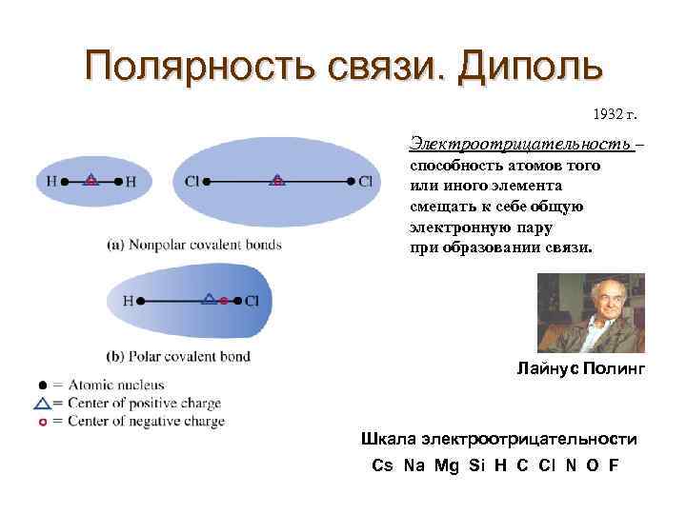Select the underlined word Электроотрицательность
tap(520, 144)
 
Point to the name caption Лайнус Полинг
tap(580, 366)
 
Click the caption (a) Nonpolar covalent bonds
tap(194, 245)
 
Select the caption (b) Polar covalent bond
tap(178, 357)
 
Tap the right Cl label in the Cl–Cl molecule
tap(366, 180)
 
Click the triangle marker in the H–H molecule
tap(91, 179)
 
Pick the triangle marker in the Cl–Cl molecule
tap(276, 179)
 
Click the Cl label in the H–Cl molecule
tap(252, 301)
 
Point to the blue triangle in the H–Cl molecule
tap(209, 299)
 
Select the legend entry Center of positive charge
tap(138, 404)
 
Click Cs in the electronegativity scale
tap(382, 465)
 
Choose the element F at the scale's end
tap(613, 465)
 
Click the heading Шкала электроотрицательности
tap(498, 439)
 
